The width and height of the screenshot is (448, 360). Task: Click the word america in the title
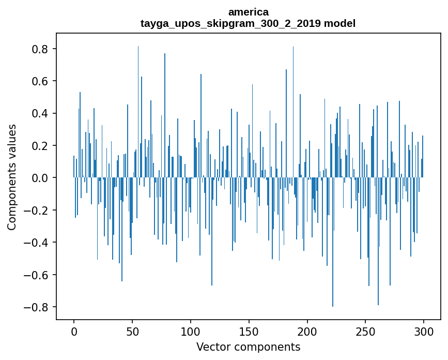[x=248, y=12]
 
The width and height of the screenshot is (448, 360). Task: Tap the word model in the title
[x=339, y=23]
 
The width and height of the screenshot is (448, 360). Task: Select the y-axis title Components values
[x=12, y=177]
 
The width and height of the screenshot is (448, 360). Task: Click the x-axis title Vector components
[x=248, y=347]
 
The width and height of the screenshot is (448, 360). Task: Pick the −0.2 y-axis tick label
[x=38, y=210]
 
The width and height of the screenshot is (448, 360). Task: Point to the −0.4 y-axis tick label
[x=38, y=243]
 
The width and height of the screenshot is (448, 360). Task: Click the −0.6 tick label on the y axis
[x=38, y=275]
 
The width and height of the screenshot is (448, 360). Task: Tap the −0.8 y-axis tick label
[x=38, y=307]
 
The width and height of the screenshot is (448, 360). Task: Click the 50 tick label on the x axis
[x=132, y=331]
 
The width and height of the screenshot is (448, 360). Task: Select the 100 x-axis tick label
[x=191, y=331]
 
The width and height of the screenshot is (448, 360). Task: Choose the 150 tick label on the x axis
[x=249, y=331]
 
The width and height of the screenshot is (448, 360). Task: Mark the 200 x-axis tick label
[x=307, y=331]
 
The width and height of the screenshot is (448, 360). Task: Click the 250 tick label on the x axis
[x=366, y=331]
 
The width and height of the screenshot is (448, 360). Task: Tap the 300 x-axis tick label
[x=424, y=331]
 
